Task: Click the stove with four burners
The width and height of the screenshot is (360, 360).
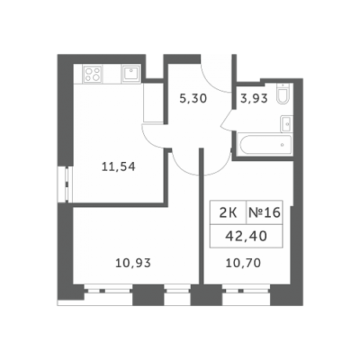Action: [x=93, y=75]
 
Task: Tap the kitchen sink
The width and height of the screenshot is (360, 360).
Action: [x=131, y=74]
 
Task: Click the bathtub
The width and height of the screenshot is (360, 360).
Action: [x=264, y=146]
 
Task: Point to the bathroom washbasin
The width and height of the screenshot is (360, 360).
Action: [x=286, y=124]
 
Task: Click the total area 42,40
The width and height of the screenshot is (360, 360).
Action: [x=247, y=235]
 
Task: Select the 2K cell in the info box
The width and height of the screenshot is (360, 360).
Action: [x=229, y=211]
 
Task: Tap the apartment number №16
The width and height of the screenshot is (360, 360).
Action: [x=264, y=211]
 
